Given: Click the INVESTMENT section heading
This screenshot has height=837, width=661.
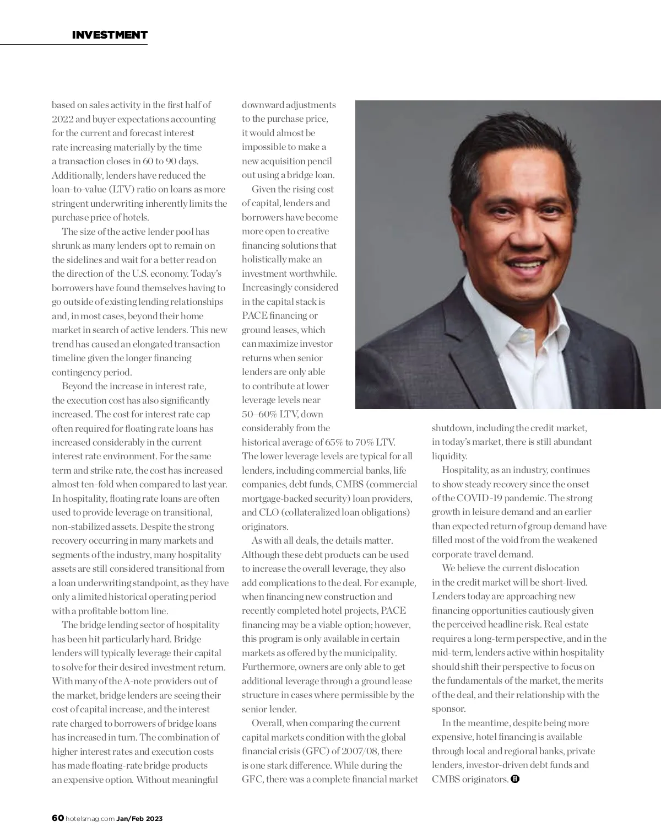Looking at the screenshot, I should [110, 35].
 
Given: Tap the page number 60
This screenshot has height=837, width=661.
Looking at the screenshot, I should [58, 818].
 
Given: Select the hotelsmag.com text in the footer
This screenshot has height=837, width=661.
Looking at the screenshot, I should [90, 819].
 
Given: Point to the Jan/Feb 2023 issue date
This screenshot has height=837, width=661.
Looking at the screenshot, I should [139, 819].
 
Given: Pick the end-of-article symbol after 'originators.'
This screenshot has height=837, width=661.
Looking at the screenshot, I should [515, 779].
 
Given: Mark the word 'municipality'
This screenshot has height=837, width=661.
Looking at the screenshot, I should [372, 653].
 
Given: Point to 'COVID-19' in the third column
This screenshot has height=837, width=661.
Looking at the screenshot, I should [477, 498].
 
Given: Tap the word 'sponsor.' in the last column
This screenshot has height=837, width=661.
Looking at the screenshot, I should [449, 709].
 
